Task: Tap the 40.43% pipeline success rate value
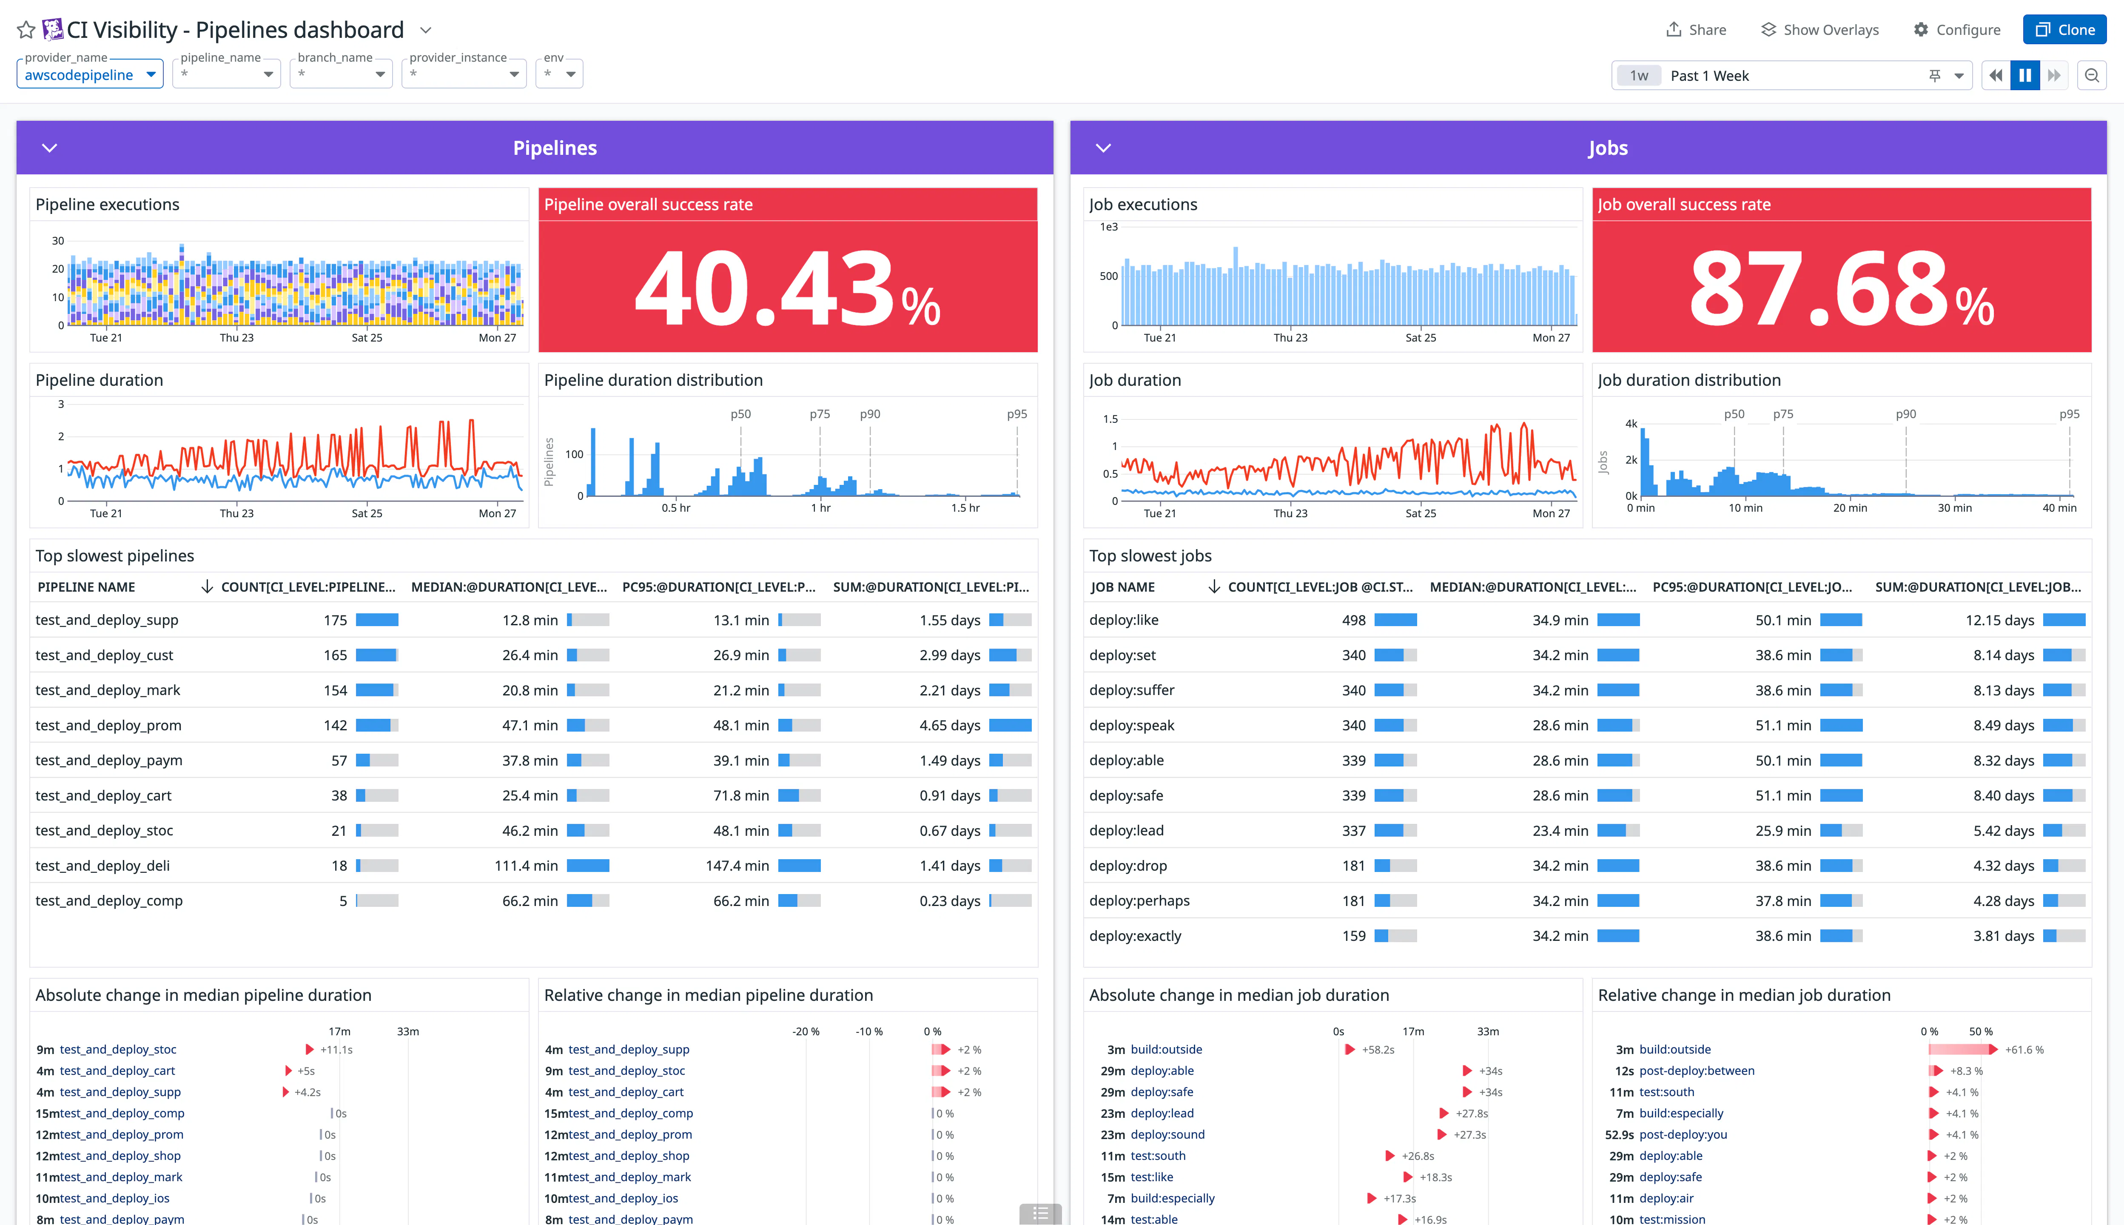point(786,288)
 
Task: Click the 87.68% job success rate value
point(1840,288)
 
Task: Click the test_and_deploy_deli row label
point(102,865)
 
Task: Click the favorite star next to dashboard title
point(26,30)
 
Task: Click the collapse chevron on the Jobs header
point(1104,148)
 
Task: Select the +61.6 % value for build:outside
point(2024,1049)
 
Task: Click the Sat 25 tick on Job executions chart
point(1420,337)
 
